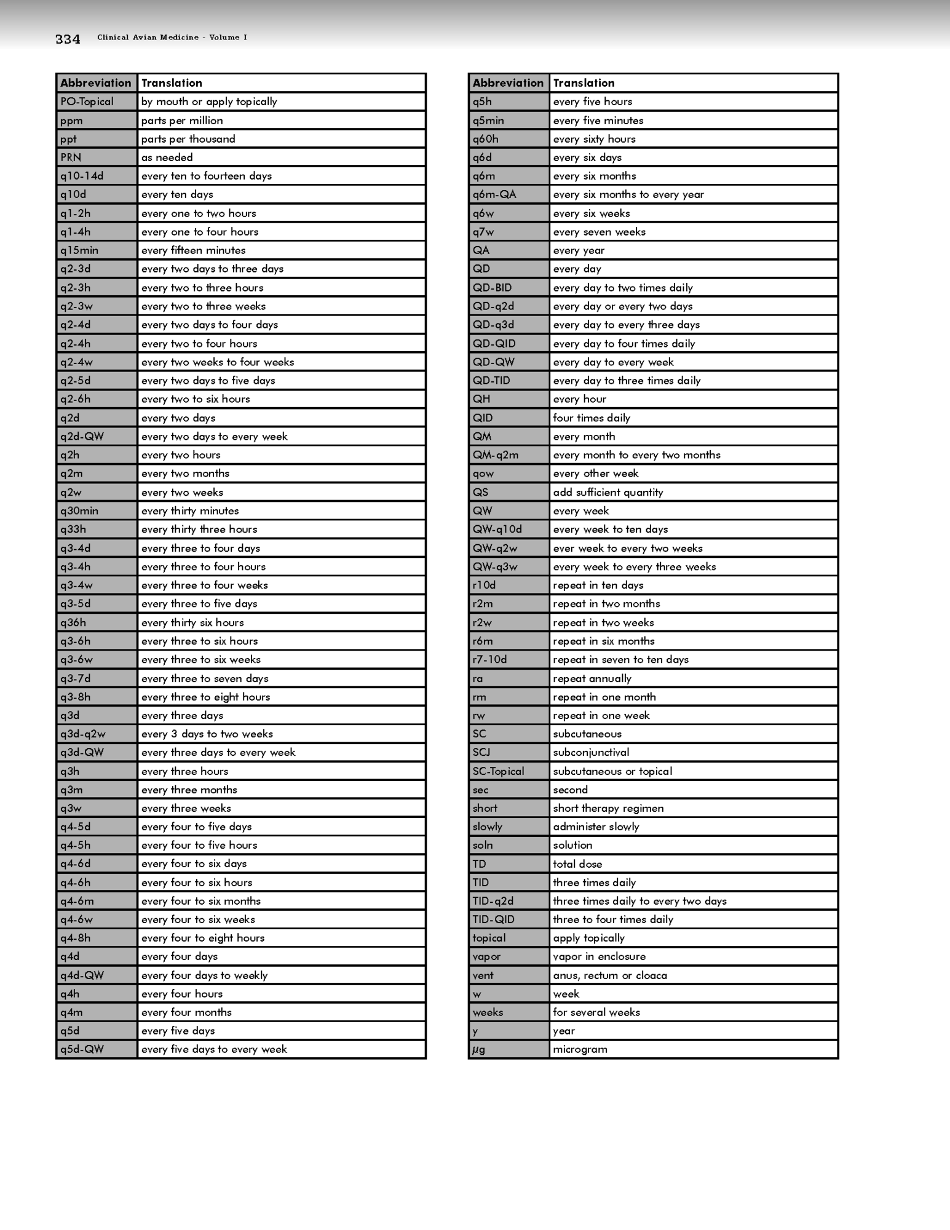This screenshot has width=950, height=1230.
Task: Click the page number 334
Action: click(x=68, y=39)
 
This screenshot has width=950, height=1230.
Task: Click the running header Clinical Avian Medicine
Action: click(x=172, y=38)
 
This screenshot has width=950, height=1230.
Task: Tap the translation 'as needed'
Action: click(x=167, y=157)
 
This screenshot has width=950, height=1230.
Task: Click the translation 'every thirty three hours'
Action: click(x=199, y=529)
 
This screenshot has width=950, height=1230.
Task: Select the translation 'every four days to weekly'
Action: click(x=204, y=975)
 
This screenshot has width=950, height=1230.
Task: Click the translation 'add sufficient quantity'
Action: click(x=608, y=492)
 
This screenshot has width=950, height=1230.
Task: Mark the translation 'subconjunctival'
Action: click(x=591, y=752)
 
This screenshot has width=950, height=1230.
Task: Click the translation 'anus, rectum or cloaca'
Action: click(x=609, y=975)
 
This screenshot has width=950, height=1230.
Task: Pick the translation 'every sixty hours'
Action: click(x=594, y=139)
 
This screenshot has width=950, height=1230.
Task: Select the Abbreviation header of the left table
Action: click(x=96, y=83)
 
